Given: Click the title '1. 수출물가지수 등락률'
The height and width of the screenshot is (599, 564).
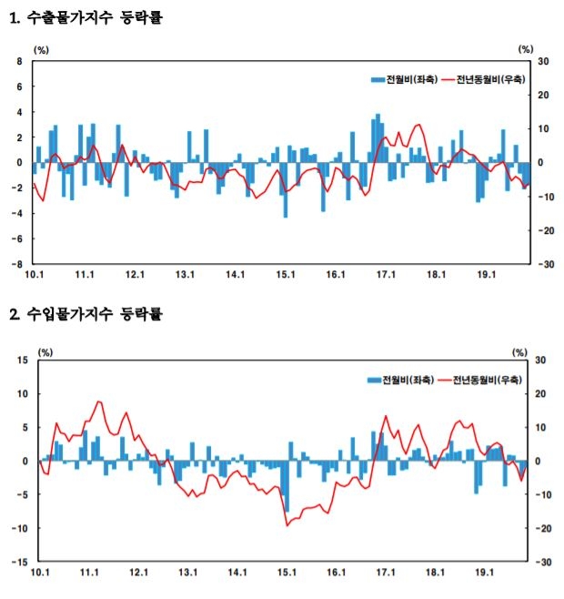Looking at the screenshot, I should click(86, 15).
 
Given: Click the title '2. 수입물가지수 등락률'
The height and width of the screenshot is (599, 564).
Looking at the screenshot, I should click(86, 315).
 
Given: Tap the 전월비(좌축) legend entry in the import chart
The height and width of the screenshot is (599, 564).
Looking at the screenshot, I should click(401, 379).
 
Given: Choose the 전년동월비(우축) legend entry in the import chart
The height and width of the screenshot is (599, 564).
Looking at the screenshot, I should click(479, 379).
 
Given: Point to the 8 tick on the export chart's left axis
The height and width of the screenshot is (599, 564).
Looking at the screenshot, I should click(20, 61).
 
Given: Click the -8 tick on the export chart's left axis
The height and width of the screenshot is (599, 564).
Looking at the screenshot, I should click(18, 264).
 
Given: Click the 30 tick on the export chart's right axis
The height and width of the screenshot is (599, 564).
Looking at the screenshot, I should click(542, 61).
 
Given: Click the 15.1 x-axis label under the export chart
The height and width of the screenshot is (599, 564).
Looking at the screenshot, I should click(287, 274).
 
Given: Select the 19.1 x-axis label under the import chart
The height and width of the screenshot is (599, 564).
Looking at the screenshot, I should click(485, 573).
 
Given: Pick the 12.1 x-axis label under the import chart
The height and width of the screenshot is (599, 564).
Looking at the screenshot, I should click(138, 573).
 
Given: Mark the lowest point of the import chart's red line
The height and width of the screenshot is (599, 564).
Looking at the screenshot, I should click(287, 525).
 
